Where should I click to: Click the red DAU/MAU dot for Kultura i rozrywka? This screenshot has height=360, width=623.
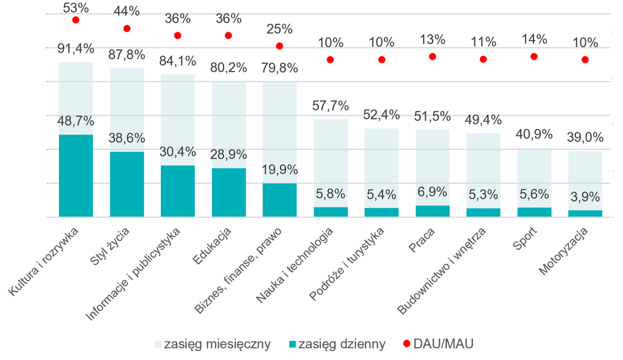tap(75, 20)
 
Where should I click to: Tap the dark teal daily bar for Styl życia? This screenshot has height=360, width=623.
tap(127, 184)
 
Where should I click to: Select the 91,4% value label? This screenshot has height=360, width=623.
tap(75, 49)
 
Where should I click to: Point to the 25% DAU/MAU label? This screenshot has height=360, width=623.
tap(279, 28)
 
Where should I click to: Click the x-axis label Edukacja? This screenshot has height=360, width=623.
tap(212, 246)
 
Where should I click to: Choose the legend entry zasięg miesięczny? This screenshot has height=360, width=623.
tap(212, 344)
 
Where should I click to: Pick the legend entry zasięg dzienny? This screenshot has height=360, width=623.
tap(338, 344)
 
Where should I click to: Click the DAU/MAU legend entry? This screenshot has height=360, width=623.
tap(438, 344)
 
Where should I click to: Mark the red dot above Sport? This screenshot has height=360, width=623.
tap(534, 57)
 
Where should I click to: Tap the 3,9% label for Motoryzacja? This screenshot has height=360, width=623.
tap(585, 196)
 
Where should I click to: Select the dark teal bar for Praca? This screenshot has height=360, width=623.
tap(432, 211)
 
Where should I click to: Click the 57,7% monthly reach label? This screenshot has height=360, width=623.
tap(330, 106)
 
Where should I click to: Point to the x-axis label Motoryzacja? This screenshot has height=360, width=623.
tap(564, 251)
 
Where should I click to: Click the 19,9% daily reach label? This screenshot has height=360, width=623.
tap(279, 169)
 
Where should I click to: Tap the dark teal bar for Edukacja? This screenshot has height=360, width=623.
tap(228, 192)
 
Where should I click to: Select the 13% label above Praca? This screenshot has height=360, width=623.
tap(432, 39)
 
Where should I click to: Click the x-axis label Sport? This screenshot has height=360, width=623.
tap(525, 239)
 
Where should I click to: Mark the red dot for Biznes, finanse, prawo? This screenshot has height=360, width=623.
tap(279, 46)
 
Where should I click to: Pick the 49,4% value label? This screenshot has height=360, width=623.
tap(483, 119)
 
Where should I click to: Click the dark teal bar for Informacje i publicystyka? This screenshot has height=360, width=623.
tap(178, 191)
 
